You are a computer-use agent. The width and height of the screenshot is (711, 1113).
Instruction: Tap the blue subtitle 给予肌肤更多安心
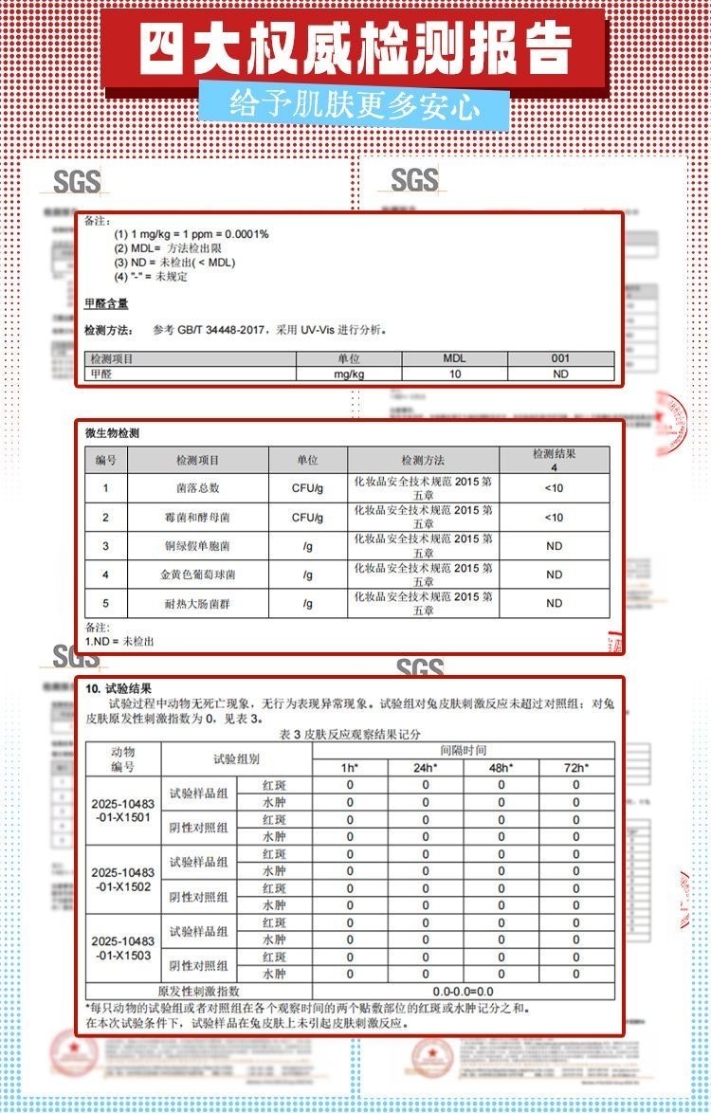tap(355, 103)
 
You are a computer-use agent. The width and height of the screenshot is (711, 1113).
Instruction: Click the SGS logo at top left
tap(77, 180)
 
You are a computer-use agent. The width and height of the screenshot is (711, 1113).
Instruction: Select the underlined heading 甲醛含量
tap(106, 303)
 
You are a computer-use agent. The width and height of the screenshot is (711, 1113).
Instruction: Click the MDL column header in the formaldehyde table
tap(454, 358)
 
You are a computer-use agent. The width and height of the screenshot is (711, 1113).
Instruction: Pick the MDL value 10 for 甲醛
tap(455, 374)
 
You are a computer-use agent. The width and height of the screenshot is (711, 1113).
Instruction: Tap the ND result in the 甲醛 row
tap(560, 374)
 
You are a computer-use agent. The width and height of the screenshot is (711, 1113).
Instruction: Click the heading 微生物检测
tap(112, 433)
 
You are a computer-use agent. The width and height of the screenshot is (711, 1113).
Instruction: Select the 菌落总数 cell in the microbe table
tap(197, 488)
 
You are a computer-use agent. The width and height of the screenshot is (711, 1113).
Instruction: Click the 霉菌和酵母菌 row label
tap(197, 518)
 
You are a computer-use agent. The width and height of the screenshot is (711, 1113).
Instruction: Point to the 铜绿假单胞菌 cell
tap(197, 546)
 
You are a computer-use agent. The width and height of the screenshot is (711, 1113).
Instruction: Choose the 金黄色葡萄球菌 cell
tap(197, 575)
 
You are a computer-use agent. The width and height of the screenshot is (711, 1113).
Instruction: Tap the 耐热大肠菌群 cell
tap(197, 603)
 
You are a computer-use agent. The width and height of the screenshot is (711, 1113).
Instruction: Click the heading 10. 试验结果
tap(118, 688)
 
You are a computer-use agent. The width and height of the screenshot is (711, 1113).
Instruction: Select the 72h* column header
tap(575, 767)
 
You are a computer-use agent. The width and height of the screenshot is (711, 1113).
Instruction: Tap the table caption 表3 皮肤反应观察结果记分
tap(351, 734)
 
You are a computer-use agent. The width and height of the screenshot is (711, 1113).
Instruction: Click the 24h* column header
tap(425, 767)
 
